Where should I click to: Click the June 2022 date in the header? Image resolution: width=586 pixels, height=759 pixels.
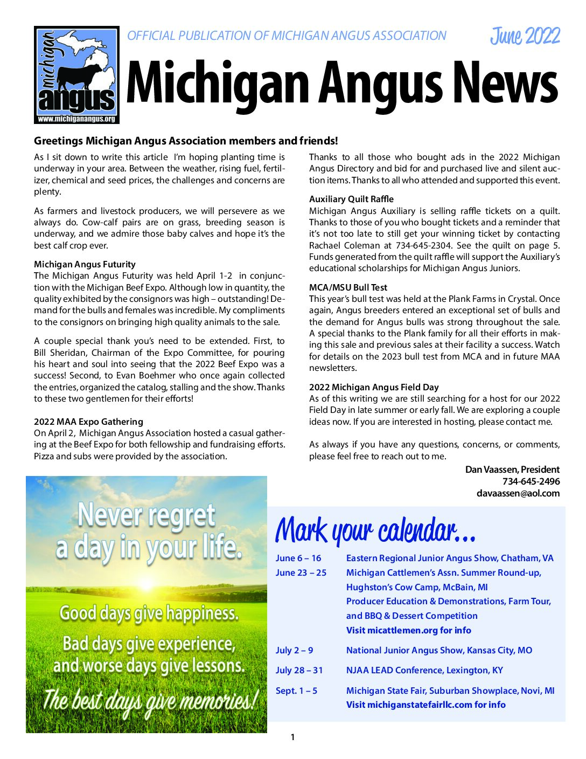(x=525, y=36)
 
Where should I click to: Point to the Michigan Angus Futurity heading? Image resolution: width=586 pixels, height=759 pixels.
(x=85, y=264)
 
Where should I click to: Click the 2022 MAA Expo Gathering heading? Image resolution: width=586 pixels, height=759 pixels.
(x=88, y=422)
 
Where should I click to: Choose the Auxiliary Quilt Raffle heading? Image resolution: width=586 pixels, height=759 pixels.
(x=351, y=199)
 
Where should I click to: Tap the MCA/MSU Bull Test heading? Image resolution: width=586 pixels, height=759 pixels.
(x=348, y=287)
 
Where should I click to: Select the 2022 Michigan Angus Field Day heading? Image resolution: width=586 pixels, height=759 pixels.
(x=374, y=387)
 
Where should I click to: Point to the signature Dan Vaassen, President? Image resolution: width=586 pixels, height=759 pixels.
(x=512, y=470)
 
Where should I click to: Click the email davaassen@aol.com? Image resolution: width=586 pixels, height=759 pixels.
(x=518, y=493)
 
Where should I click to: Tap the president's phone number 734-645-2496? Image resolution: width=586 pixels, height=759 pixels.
(x=531, y=481)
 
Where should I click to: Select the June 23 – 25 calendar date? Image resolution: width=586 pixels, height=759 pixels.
(x=301, y=572)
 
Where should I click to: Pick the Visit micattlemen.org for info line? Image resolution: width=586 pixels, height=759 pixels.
(x=408, y=630)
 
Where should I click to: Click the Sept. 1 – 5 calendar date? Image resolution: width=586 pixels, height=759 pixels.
(x=296, y=691)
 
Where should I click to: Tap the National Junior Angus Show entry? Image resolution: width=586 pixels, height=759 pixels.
(x=439, y=650)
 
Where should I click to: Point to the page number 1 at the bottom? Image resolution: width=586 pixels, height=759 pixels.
(x=292, y=737)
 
